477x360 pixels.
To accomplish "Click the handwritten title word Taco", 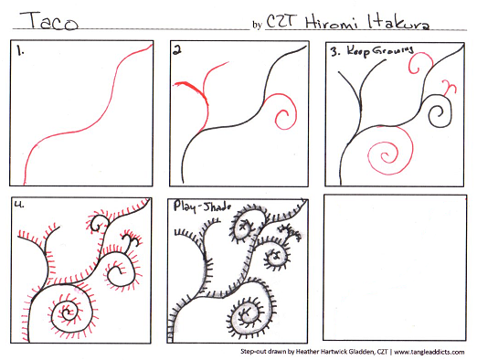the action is (49, 20).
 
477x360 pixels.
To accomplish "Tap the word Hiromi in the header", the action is (331, 22).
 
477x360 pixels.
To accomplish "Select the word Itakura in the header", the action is (398, 22).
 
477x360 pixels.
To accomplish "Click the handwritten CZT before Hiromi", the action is (281, 21).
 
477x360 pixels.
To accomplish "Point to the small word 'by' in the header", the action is (257, 25).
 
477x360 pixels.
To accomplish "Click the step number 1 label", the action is (20, 51).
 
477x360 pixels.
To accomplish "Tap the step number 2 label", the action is (177, 50).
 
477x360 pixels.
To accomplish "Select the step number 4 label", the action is (19, 205).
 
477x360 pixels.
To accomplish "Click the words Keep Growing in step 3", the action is (380, 50).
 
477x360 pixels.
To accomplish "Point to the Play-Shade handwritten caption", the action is (202, 206).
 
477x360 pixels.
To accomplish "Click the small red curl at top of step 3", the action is (419, 63).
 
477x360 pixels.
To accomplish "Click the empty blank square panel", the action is (395, 268).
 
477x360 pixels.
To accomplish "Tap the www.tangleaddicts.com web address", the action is (429, 352).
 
